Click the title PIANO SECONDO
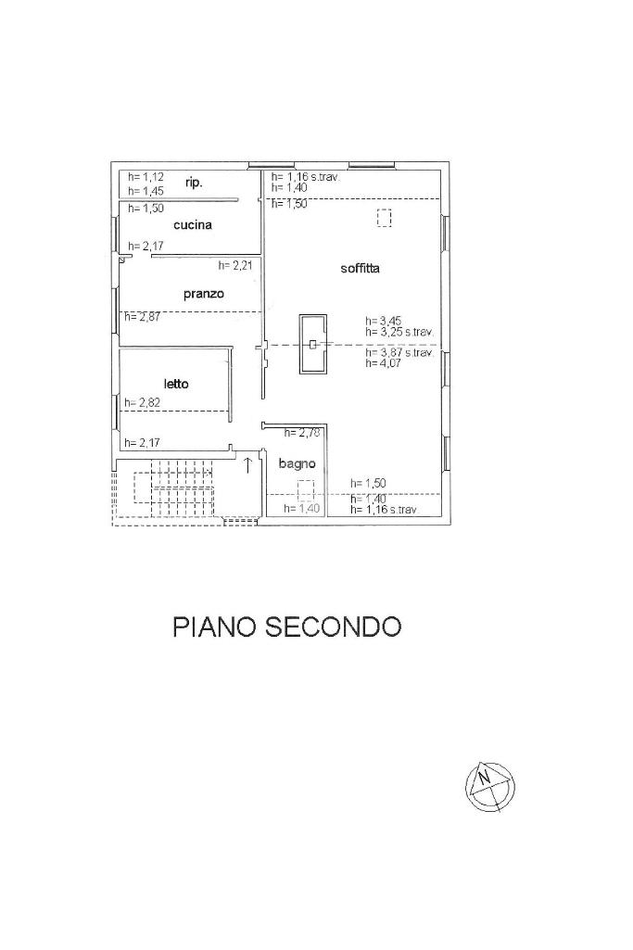click(287, 627)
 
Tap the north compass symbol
click(488, 786)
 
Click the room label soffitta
click(361, 269)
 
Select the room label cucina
click(193, 225)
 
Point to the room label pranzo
click(204, 294)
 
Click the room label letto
click(176, 383)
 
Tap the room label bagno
click(298, 463)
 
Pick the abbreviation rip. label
click(194, 184)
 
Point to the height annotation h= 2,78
click(301, 433)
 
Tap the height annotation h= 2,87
click(143, 317)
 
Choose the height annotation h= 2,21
click(235, 265)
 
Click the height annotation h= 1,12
click(146, 177)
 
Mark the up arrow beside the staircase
click(247, 464)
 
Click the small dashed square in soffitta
click(384, 219)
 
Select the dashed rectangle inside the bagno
click(306, 490)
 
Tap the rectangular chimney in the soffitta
click(313, 344)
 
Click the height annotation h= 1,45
click(146, 190)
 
